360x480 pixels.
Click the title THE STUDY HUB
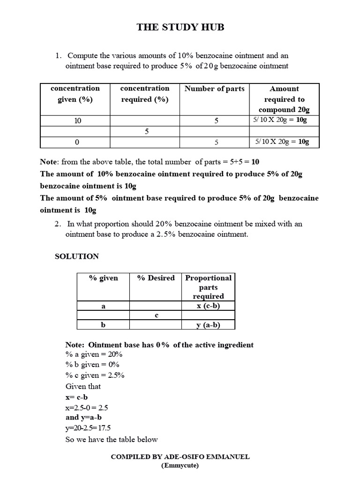[180, 27]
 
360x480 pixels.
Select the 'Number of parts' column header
[214, 89]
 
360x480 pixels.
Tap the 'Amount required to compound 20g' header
[284, 99]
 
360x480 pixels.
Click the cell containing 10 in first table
[78, 120]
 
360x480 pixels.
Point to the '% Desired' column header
[156, 278]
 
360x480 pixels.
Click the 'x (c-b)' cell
[208, 306]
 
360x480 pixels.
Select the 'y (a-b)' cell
[208, 325]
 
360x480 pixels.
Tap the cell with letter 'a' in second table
[103, 306]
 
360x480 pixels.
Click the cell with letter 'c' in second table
[156, 315]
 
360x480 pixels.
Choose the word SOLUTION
[77, 256]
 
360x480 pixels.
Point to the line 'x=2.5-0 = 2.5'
[87, 407]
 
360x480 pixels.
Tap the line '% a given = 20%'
[94, 355]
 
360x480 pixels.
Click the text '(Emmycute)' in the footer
[180, 465]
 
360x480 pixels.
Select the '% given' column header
[103, 278]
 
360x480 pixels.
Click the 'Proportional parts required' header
[208, 286]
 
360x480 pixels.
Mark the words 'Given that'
[83, 386]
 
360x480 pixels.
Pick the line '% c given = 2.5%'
[95, 375]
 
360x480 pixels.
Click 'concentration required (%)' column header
[144, 94]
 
